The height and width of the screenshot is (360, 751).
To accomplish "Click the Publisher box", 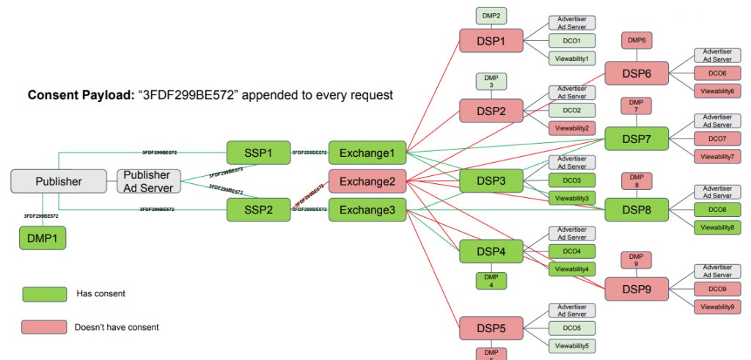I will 59,181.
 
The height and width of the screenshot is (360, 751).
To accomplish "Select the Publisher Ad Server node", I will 147,181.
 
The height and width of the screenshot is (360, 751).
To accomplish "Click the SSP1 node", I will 259,153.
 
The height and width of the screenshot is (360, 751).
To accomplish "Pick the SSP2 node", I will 259,210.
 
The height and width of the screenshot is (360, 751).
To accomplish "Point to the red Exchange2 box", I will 367,181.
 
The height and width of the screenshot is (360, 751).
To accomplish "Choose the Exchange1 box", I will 367,153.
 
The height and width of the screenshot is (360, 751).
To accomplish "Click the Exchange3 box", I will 367,210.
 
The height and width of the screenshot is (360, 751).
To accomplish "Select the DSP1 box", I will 491,40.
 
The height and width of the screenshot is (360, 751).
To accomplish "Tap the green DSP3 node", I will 491,180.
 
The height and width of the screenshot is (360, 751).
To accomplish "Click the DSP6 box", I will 637,73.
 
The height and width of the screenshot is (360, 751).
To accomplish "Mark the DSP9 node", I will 637,289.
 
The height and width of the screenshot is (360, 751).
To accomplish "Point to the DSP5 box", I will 491,328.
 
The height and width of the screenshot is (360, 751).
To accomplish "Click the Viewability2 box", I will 572,128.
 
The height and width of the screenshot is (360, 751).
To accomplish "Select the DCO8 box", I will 717,210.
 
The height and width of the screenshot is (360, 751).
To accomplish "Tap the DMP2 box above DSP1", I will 491,15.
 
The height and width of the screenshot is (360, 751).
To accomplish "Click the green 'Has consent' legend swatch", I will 44,294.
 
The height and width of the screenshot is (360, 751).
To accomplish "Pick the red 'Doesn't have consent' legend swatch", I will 44,327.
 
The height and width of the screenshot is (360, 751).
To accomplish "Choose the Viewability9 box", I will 717,306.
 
